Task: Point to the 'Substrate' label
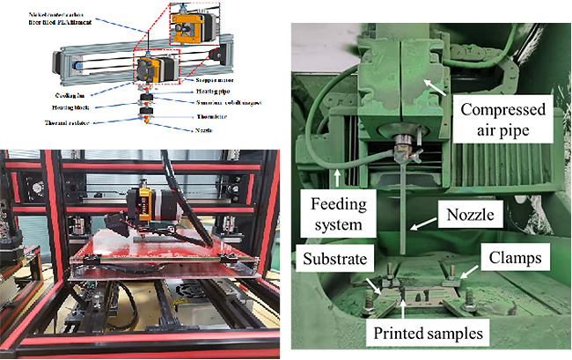point(339,259)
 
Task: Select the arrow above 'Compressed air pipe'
point(431,85)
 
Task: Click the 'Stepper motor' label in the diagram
point(212,80)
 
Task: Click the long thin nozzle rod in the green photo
point(407,202)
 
